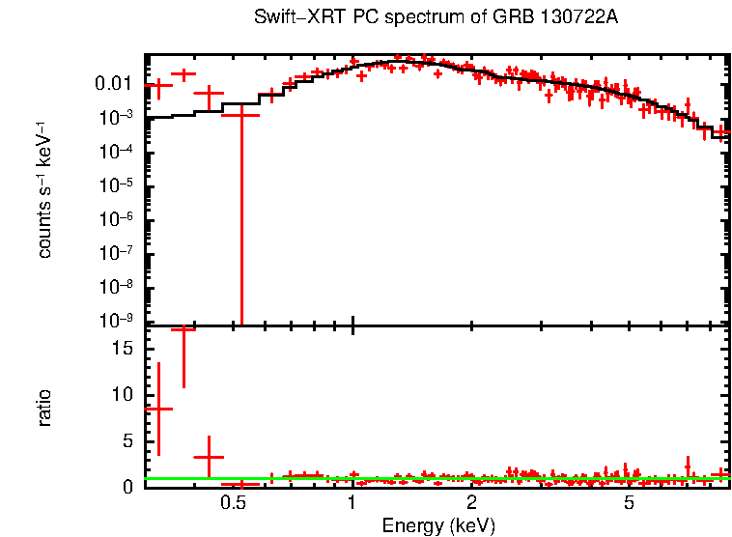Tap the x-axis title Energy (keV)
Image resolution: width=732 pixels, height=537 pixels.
438,526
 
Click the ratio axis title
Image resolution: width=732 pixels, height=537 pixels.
44,408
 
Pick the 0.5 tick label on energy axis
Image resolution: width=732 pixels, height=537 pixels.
233,502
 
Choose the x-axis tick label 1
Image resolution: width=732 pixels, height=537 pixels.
352,502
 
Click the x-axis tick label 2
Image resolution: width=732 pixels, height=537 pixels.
471,502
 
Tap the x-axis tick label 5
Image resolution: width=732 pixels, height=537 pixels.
629,502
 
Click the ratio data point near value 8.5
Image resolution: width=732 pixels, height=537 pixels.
158,409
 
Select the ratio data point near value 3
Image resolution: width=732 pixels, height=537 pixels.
209,457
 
